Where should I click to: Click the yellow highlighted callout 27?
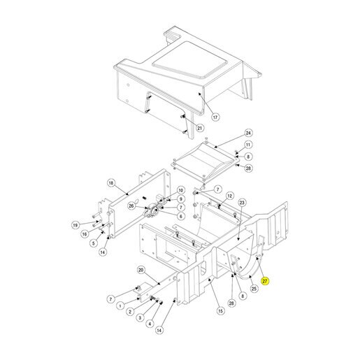pos(265,281)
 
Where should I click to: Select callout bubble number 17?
pos(215,117)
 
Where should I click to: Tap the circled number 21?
pos(200,128)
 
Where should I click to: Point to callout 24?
pos(249,133)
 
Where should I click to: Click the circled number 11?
pos(248,145)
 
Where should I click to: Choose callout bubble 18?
pos(111,183)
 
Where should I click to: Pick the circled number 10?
pos(181,190)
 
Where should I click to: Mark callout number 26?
pos(131,206)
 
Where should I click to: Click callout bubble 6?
pos(181,216)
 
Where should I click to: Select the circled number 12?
pos(230,196)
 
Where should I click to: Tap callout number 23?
pos(242,203)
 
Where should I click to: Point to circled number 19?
pos(75,225)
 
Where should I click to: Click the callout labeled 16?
pos(85,234)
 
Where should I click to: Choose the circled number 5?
pos(94,243)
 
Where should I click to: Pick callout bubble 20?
pos(141,270)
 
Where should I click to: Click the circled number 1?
pos(120,305)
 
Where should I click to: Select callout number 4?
pos(150,324)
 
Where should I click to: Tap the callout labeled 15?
pos(220,310)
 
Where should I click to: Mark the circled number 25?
pos(254,289)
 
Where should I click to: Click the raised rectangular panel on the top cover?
pos(189,60)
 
